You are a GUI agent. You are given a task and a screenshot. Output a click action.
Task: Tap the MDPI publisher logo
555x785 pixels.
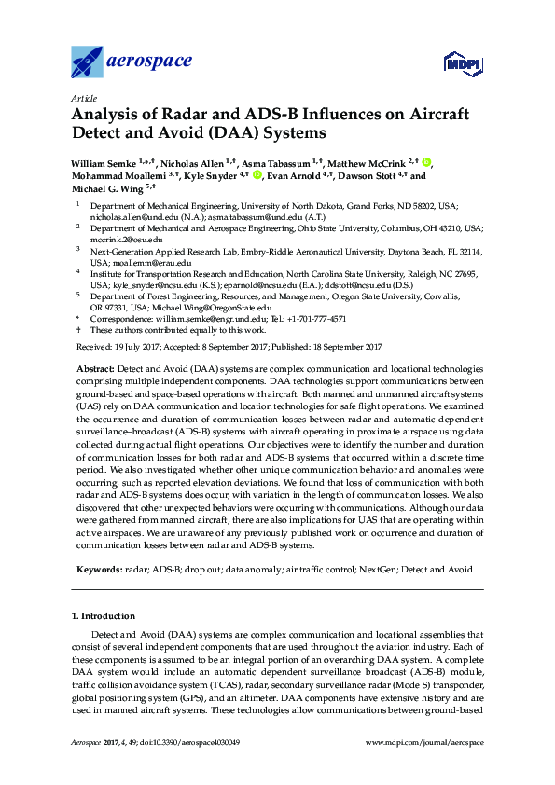[464, 64]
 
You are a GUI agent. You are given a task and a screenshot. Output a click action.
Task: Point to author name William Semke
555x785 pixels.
[103, 163]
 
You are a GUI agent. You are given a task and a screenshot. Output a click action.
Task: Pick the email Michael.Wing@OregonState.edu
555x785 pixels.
[218, 307]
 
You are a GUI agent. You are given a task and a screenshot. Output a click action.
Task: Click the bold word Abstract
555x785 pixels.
[95, 370]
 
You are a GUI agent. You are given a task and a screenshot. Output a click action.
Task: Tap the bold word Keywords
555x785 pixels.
[97, 568]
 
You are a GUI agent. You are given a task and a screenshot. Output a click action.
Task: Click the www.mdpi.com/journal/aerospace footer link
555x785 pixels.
[425, 742]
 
